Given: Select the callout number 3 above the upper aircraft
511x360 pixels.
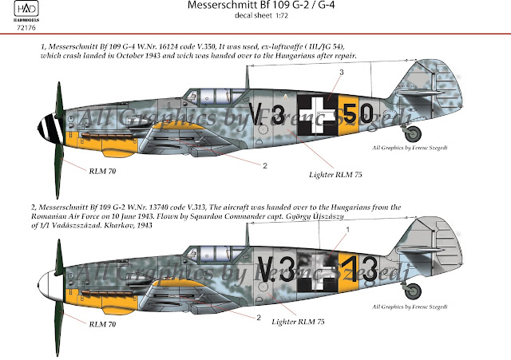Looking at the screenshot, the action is click(341, 73).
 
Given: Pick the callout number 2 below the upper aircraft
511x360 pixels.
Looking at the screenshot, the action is click(263, 166).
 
